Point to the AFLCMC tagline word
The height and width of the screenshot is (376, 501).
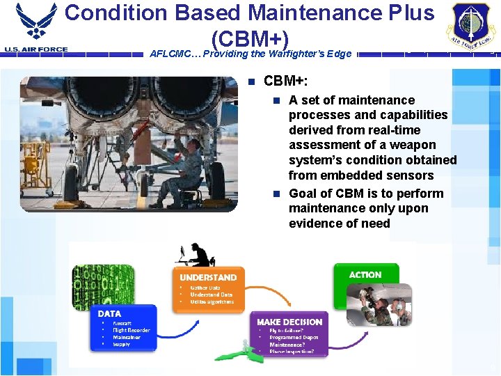[173, 54]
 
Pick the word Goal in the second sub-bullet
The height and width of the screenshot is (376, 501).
[303, 194]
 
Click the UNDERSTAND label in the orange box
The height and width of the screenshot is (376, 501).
[208, 277]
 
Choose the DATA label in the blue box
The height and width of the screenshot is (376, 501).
[110, 314]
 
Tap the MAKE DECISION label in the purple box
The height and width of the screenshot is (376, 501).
[289, 322]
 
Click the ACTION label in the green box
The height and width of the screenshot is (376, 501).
[365, 275]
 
